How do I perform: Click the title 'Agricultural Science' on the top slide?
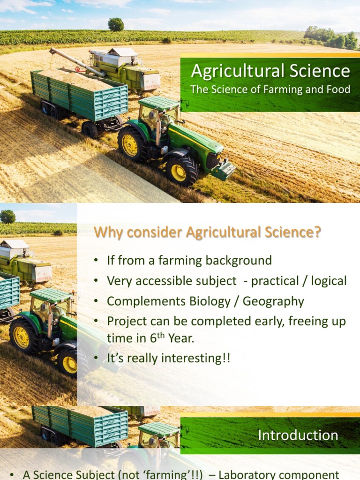[x=270, y=71]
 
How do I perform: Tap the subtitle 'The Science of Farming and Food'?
[x=270, y=90]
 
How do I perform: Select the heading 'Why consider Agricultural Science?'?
[x=208, y=232]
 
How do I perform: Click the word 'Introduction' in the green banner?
[x=298, y=435]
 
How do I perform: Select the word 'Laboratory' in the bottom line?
[x=249, y=475]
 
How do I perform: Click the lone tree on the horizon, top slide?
[x=116, y=24]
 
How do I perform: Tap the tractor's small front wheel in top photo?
[x=178, y=172]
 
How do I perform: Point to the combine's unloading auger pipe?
[x=75, y=61]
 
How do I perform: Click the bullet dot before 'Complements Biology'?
[x=96, y=302]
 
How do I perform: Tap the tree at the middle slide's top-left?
[x=7, y=216]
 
